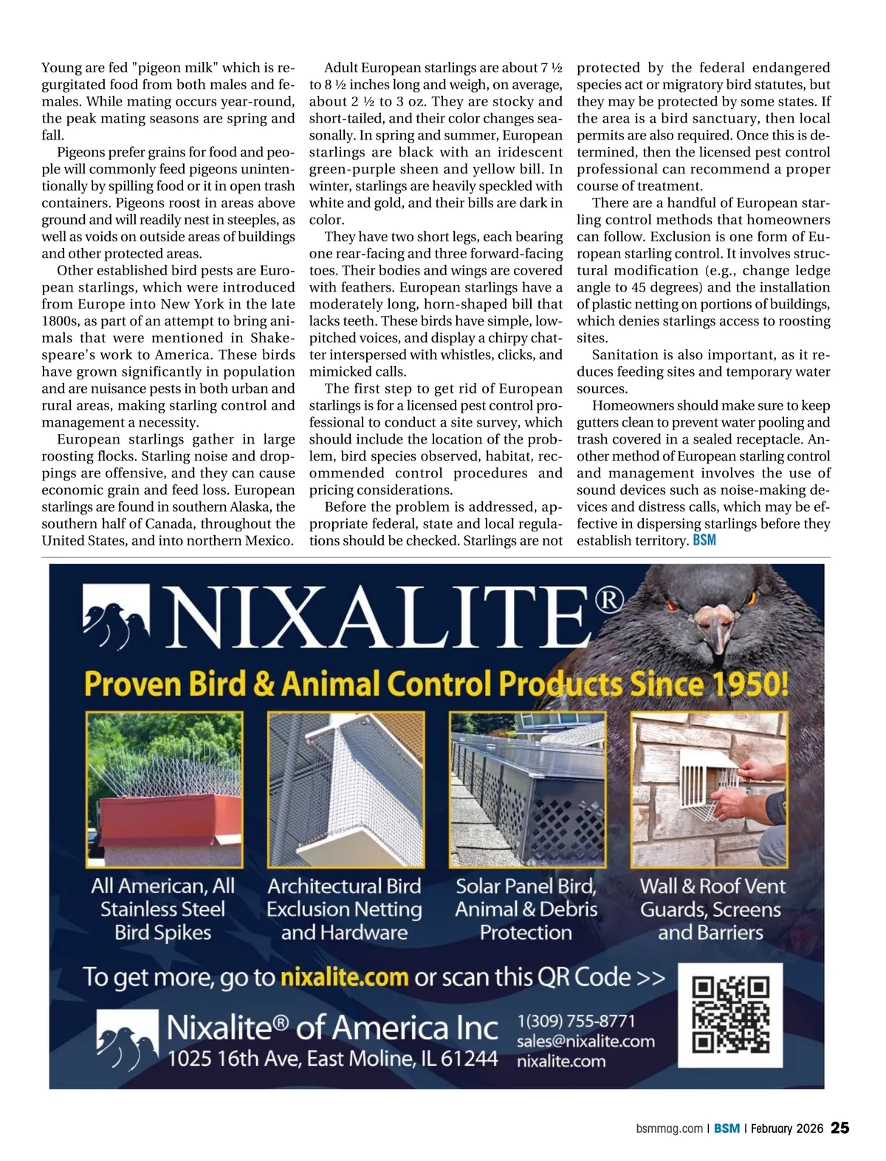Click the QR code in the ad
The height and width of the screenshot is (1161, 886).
pos(730,1014)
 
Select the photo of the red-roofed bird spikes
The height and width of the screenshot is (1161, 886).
pos(164,789)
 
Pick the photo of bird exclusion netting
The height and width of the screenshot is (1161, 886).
pos(346,789)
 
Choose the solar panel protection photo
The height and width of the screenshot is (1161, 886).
pos(526,789)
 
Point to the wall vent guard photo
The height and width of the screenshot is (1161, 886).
pos(709,789)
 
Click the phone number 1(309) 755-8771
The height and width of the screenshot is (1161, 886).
pos(576,1021)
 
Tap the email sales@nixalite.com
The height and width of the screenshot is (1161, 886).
pos(585,1041)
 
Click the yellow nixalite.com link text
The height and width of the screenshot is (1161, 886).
pos(344,977)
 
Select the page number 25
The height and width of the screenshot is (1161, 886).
pos(840,1128)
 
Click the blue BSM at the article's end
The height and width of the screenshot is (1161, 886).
pos(704,540)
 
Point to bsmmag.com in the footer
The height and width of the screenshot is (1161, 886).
pos(669,1129)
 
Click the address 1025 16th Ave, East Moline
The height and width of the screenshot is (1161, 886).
pos(332,1058)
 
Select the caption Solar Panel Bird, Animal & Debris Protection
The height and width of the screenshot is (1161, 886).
pos(526,909)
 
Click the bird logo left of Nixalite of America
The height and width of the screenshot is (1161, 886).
pos(127,1038)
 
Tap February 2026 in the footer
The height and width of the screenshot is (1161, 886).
pos(787,1129)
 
